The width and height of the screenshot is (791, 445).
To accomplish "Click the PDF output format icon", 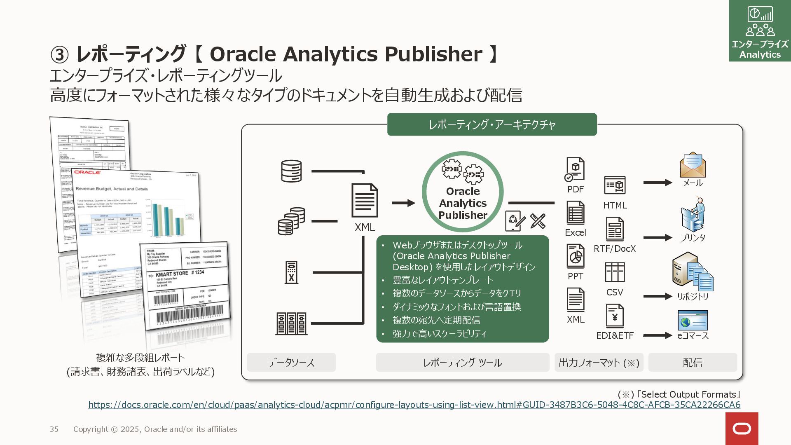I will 575,169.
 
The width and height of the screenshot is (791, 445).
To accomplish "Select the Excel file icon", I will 575,213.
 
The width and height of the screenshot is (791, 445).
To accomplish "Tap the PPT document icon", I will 575,256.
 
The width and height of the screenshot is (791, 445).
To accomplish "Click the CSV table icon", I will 615,272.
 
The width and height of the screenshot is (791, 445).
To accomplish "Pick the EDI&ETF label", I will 615,335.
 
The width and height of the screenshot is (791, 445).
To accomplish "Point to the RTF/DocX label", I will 615,248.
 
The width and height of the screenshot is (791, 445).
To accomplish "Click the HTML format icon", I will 615,185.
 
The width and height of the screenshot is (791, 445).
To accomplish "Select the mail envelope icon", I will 693,165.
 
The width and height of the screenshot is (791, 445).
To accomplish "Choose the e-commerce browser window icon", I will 693,320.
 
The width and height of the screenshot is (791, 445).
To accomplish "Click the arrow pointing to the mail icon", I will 658,183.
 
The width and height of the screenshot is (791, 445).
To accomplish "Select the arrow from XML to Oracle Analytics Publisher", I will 403,203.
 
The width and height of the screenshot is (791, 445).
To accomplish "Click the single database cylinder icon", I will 291,171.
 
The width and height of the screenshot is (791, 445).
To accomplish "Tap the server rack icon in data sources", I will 291,323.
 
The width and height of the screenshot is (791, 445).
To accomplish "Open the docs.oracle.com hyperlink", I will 414,405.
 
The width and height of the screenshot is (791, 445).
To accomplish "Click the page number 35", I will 54,429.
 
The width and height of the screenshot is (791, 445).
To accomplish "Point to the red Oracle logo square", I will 742,429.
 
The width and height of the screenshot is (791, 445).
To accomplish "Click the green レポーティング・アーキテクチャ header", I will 492,124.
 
